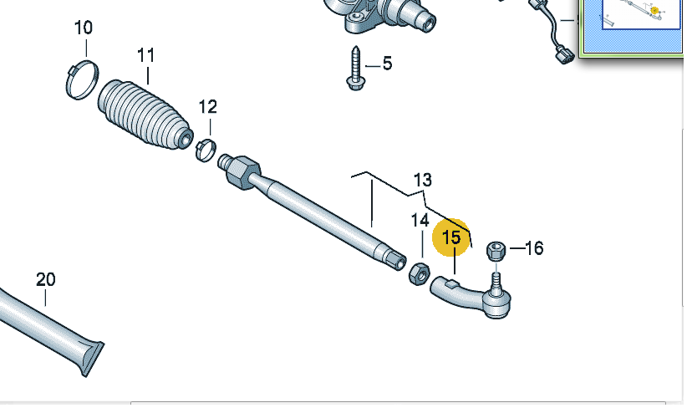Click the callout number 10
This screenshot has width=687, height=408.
(84, 28)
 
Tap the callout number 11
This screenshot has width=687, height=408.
(146, 56)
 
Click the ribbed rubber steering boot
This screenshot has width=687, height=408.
(145, 114)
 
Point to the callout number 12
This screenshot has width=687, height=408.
(207, 106)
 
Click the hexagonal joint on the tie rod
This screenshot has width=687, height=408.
(243, 173)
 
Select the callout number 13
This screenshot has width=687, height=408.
(423, 180)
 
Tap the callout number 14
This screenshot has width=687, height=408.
(420, 221)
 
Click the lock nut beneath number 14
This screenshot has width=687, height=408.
(419, 274)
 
